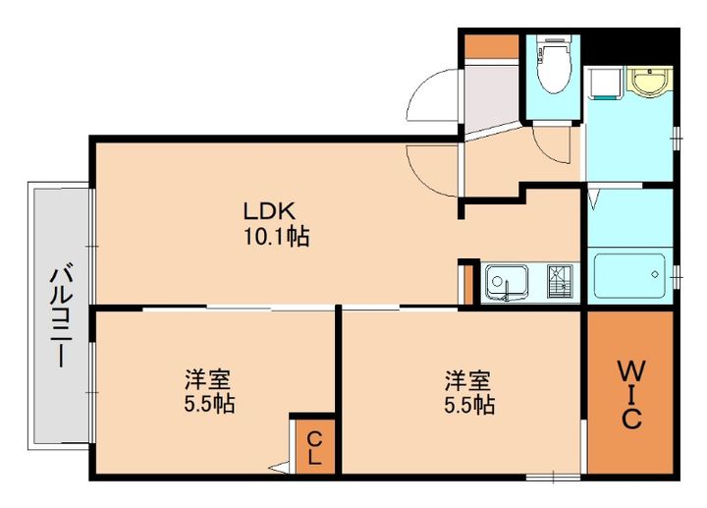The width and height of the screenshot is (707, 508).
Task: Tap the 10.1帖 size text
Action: coord(276,237)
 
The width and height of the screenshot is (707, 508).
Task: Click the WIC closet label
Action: coord(629,394)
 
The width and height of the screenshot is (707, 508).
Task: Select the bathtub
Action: coord(628,277)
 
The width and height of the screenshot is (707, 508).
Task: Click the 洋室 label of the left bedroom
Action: coord(210,379)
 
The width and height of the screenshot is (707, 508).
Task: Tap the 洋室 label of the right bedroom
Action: coord(467,379)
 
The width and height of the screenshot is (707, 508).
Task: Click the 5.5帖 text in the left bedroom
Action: coord(210,404)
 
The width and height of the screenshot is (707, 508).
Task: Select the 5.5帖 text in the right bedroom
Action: coord(467,404)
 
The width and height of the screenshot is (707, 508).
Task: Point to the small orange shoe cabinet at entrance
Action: coord(491,45)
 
